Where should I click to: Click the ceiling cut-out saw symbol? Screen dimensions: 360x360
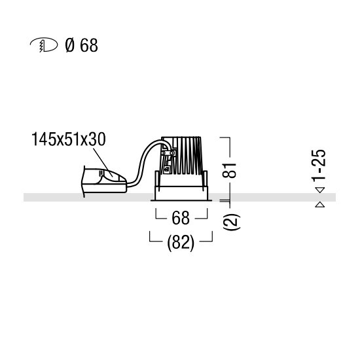pyautogui.click(x=44, y=45)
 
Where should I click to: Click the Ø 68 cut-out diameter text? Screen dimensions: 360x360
pyautogui.click(x=82, y=45)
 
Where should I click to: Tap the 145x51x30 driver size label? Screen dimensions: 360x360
pyautogui.click(x=69, y=139)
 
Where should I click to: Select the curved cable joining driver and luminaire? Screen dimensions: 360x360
pyautogui.click(x=143, y=161)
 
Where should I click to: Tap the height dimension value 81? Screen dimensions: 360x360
pyautogui.click(x=229, y=170)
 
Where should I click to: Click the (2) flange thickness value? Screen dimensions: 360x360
pyautogui.click(x=232, y=221)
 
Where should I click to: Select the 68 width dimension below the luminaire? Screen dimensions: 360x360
pyautogui.click(x=181, y=218)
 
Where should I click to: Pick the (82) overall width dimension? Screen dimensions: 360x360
pyautogui.click(x=181, y=243)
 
